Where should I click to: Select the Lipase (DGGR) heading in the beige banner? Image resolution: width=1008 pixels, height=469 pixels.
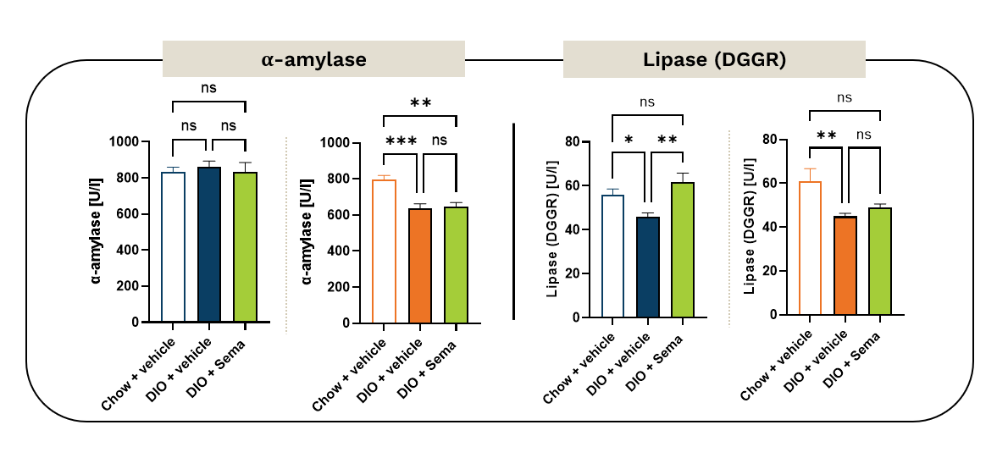pyautogui.click(x=714, y=60)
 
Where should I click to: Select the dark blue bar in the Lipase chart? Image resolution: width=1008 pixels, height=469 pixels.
pyautogui.click(x=648, y=267)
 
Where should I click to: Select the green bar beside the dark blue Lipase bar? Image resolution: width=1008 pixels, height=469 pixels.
pyautogui.click(x=683, y=250)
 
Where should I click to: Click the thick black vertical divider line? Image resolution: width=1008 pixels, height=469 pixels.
pyautogui.click(x=514, y=222)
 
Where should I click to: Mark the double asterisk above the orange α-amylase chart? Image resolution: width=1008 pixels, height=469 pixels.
pyautogui.click(x=420, y=103)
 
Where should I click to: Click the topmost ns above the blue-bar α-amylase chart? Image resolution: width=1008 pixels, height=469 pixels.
pyautogui.click(x=208, y=87)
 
